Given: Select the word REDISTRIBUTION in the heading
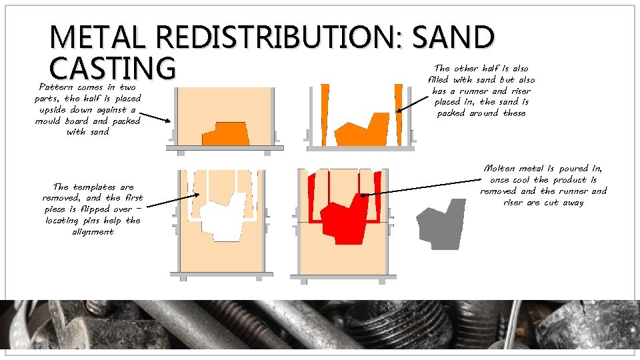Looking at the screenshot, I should click(271, 37).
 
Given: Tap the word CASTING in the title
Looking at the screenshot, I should click(112, 68).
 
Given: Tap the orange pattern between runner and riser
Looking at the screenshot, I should click(361, 129).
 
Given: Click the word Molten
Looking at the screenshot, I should click(498, 168).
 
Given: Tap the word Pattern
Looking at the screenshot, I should click(56, 87).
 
